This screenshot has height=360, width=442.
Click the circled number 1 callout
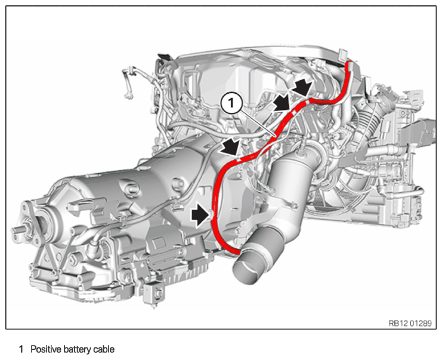231,103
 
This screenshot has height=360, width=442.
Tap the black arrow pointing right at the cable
201,216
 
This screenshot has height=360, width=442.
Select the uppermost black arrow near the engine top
302,87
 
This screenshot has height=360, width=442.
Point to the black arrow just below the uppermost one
283,103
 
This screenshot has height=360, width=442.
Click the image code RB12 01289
410,323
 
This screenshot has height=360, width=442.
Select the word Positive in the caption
46,349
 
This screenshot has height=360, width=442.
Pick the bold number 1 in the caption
21,349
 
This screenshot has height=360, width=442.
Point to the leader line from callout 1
257,124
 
